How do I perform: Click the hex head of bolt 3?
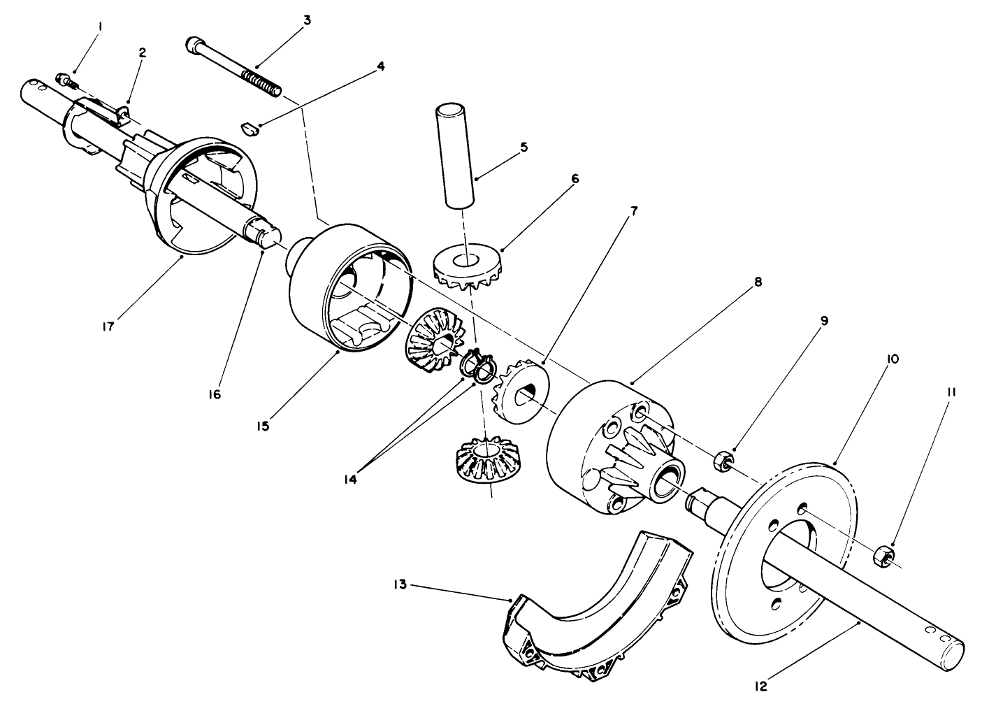point(194,45)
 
